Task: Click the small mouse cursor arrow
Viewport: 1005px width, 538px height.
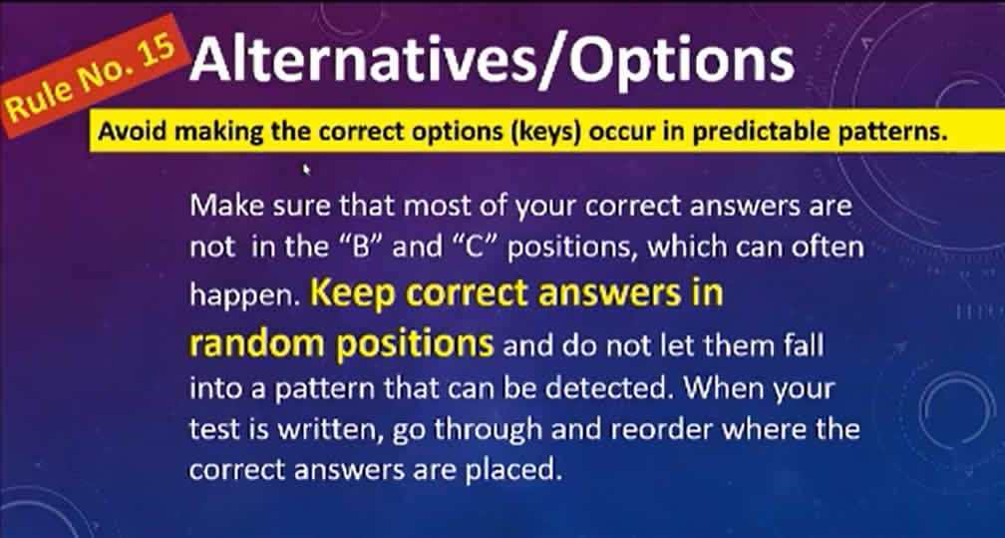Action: point(306,169)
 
